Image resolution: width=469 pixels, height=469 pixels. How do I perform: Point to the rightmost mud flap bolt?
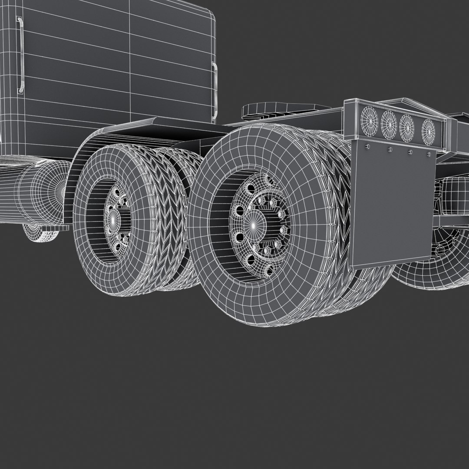(x=429, y=154)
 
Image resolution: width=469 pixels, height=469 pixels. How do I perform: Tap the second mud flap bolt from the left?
(x=390, y=149)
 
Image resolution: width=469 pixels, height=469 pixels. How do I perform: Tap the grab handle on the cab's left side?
(x=20, y=55)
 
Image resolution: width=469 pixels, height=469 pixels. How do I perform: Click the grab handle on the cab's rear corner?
(x=215, y=91)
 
